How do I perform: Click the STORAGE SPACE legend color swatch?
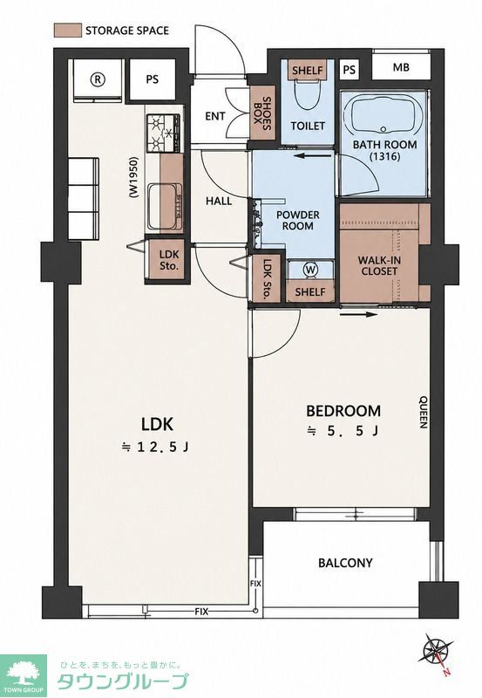click(68, 31)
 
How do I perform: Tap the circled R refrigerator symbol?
click(98, 79)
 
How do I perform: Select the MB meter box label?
click(401, 68)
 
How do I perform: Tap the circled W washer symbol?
click(310, 270)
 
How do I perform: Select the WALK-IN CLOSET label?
click(379, 265)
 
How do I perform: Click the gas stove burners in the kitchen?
click(164, 133)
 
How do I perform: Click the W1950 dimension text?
click(133, 177)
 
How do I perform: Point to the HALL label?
click(219, 202)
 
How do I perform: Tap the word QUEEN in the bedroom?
click(423, 412)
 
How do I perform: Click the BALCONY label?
click(345, 563)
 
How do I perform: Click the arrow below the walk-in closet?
click(358, 315)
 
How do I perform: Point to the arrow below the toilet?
click(313, 156)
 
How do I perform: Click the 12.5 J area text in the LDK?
click(156, 447)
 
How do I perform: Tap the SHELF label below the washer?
click(310, 291)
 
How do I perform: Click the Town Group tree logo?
click(24, 675)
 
